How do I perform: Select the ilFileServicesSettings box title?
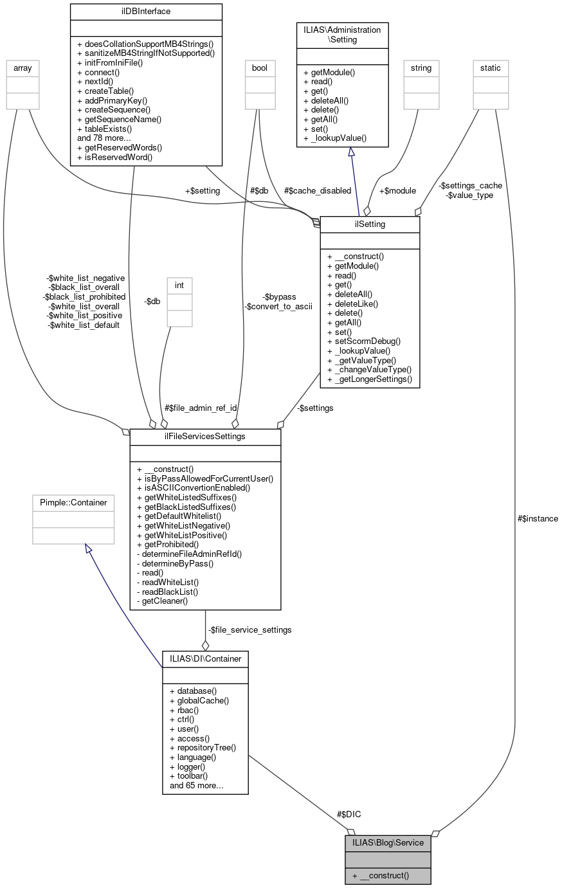pyautogui.click(x=205, y=437)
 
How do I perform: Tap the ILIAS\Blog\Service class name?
pyautogui.click(x=388, y=842)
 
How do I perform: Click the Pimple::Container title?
pyautogui.click(x=73, y=502)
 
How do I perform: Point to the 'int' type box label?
pyautogui.click(x=179, y=285)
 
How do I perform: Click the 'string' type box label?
pyautogui.click(x=421, y=68)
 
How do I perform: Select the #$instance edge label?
pyautogui.click(x=538, y=518)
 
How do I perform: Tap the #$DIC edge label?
pyautogui.click(x=349, y=814)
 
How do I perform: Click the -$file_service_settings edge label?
pyautogui.click(x=249, y=630)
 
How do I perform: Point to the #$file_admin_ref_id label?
pyautogui.click(x=201, y=408)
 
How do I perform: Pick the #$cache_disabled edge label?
pyautogui.click(x=318, y=190)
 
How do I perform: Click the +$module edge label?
pyautogui.click(x=397, y=190)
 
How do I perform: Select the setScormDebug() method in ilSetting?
pyautogui.click(x=368, y=341)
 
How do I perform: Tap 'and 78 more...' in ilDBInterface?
pyautogui.click(x=104, y=138)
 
